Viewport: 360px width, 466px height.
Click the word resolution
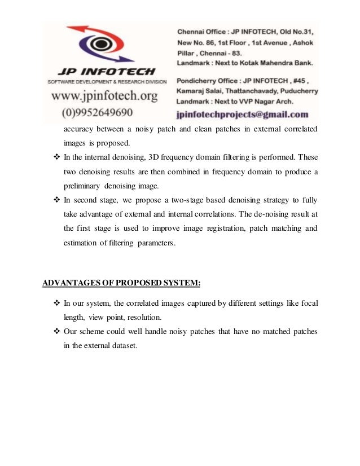(143, 318)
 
